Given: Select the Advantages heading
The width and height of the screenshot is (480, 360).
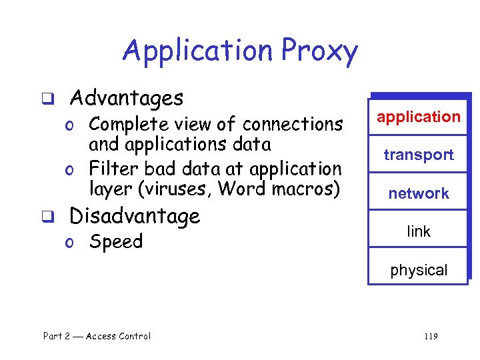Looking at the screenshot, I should pos(126,99).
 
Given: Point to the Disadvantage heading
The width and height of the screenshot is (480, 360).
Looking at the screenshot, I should pos(135,216).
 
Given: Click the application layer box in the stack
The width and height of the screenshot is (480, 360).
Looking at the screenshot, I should pos(418,117).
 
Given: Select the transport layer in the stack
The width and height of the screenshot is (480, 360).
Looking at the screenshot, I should pos(418,155).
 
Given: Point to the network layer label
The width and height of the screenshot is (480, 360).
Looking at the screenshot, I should pos(418,194).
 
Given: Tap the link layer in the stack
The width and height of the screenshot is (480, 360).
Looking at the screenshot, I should pos(418,232).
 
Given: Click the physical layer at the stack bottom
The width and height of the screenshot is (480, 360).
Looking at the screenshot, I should pos(418,271).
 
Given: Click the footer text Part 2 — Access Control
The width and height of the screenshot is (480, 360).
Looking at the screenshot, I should pos(97,336).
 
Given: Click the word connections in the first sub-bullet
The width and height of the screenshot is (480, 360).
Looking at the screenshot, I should pos(293,125).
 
